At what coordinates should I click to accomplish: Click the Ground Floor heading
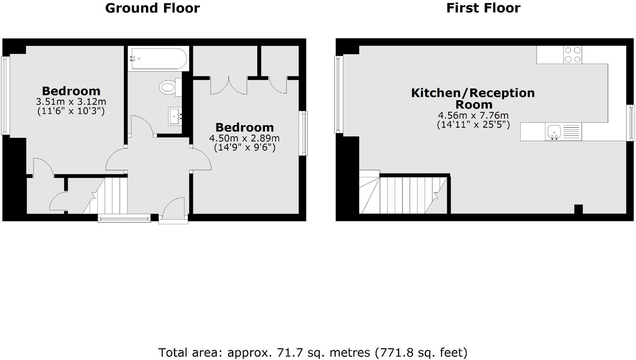click(152, 8)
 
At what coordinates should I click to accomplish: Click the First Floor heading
click(483, 8)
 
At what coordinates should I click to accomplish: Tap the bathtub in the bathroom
click(159, 59)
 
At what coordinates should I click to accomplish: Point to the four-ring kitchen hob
click(573, 55)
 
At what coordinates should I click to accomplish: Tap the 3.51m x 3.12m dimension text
click(71, 101)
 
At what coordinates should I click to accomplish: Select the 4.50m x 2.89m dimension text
click(244, 138)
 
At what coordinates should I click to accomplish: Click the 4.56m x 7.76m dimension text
click(473, 115)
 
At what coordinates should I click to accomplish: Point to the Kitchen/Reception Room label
click(473, 98)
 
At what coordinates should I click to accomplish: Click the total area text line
click(313, 352)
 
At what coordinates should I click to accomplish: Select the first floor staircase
click(403, 195)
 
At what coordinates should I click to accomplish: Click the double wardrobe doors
click(229, 86)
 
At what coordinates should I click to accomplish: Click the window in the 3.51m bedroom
click(5, 96)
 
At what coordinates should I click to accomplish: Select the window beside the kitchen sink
click(632, 123)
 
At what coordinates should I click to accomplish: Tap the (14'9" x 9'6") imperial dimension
click(245, 147)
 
